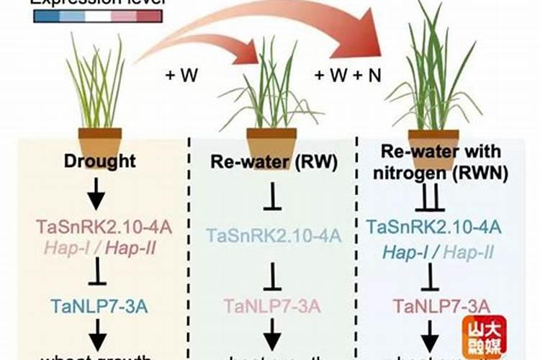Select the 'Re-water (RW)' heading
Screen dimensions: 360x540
click(x=273, y=162)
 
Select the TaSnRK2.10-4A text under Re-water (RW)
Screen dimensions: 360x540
click(x=274, y=235)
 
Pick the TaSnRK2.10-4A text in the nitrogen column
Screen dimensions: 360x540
click(x=434, y=228)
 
